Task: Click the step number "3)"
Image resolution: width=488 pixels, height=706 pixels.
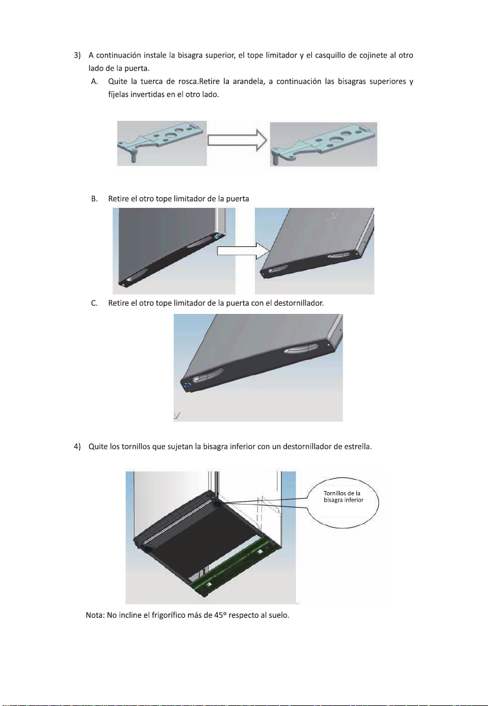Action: [x=77, y=56]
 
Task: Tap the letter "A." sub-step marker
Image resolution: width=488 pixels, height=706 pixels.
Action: [x=95, y=82]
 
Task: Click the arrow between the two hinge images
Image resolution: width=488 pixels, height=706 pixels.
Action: [x=237, y=140]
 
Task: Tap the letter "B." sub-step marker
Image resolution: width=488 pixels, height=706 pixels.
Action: [x=95, y=198]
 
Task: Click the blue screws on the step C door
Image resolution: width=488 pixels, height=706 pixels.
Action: [x=187, y=386]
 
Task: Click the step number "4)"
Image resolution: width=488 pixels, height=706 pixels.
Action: [x=77, y=447]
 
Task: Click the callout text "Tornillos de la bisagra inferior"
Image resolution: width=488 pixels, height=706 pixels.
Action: [x=343, y=497]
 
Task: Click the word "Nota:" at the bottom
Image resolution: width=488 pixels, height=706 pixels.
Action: [x=95, y=615]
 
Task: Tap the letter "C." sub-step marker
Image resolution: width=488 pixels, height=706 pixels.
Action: [x=95, y=303]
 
